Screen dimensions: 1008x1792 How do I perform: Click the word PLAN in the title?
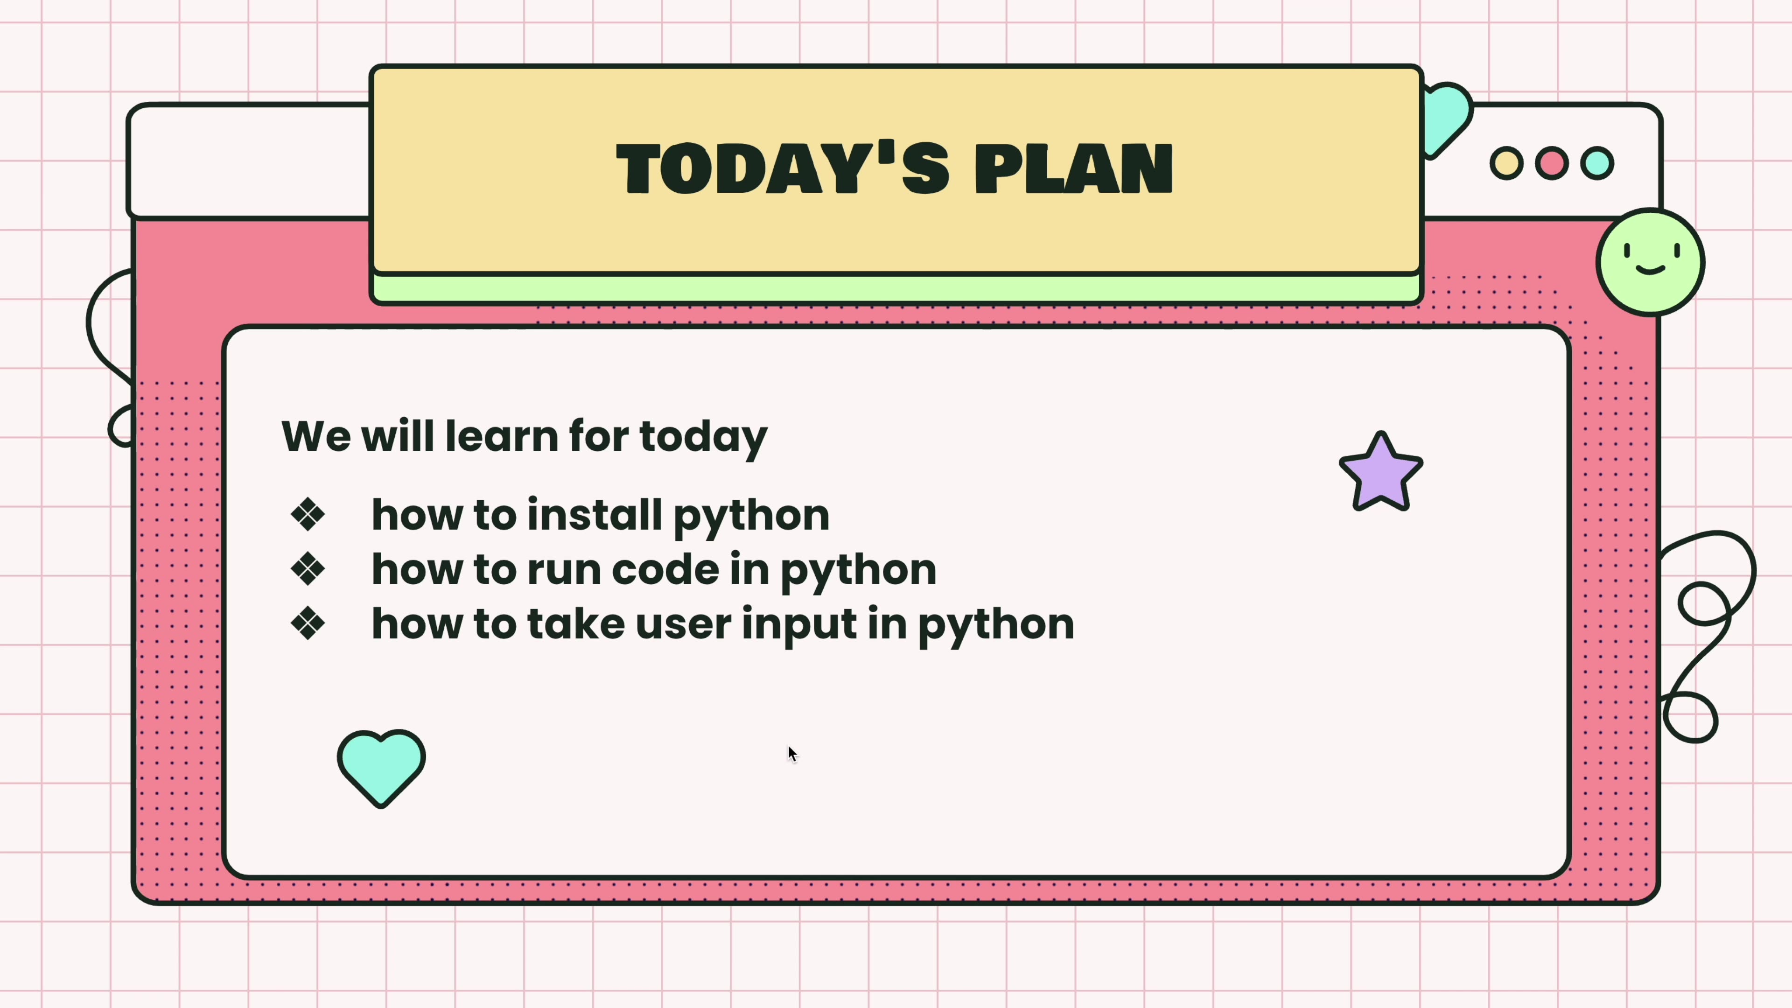point(1073,168)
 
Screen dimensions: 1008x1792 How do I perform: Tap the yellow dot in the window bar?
point(1506,163)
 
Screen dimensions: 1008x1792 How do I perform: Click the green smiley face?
point(1650,262)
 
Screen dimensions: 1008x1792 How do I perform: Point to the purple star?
point(1381,474)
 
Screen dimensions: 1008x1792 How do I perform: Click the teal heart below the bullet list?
point(381,765)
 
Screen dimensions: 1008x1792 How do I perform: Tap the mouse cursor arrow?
point(791,753)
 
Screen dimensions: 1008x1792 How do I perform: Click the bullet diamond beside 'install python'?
point(308,515)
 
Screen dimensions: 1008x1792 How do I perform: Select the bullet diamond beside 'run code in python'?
point(308,569)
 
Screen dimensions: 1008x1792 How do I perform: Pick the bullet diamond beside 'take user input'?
point(308,623)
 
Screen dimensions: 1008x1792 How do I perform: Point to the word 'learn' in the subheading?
point(501,436)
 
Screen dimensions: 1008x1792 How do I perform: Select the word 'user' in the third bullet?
point(683,623)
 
